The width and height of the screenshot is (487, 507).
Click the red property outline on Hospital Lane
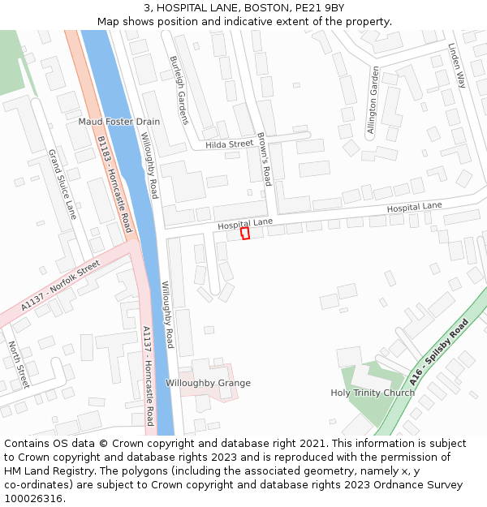[245, 233]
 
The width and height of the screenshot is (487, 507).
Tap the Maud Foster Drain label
[119, 122]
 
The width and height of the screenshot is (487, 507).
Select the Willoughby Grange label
[208, 383]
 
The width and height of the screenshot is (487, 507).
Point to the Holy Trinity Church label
[373, 393]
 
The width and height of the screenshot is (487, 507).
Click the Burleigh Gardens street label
[179, 90]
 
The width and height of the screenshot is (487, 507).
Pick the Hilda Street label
[230, 144]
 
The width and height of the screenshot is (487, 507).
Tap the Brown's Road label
[264, 159]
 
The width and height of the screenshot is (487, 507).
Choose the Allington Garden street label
[373, 101]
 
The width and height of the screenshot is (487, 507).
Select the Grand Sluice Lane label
[62, 184]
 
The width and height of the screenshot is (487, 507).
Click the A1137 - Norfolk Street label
[60, 286]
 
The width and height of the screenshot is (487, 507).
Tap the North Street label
[18, 364]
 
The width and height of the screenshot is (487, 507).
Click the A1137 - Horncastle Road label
[149, 376]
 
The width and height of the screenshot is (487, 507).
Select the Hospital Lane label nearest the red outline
[245, 221]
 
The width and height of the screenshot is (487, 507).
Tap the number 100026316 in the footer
[33, 499]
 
